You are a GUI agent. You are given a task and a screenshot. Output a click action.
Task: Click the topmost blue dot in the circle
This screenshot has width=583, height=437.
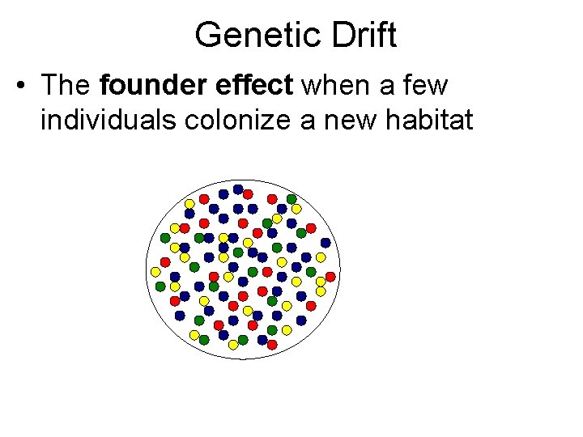point(238,189)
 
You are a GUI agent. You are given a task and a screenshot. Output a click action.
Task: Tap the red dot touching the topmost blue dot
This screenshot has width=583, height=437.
point(248,193)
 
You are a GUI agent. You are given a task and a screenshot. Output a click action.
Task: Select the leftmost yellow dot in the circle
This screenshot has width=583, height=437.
point(155,271)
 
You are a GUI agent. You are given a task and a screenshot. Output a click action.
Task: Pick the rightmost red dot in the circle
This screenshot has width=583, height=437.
point(330,277)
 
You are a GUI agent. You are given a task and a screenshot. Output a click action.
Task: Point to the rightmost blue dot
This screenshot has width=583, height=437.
point(326,243)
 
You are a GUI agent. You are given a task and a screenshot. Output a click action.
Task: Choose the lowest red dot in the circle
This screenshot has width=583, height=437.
point(272,345)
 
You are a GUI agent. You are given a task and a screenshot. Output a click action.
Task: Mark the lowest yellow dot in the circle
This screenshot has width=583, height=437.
point(233,345)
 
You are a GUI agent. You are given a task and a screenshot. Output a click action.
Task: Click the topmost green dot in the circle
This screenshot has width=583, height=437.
point(291,198)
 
